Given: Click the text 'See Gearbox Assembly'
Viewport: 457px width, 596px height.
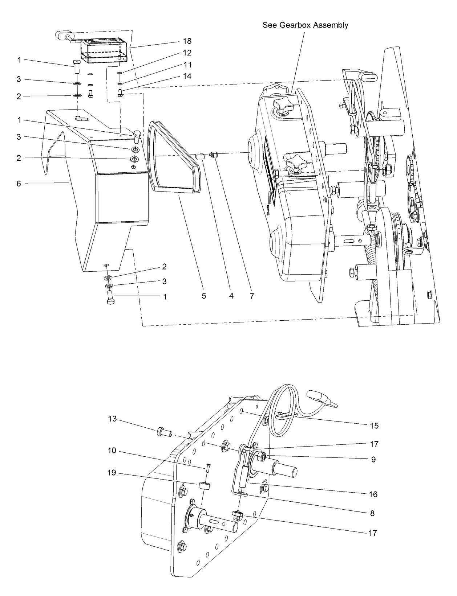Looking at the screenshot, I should tap(305, 25).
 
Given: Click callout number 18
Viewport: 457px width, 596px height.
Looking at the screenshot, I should tap(187, 41).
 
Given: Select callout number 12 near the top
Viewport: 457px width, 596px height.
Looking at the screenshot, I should tap(187, 53).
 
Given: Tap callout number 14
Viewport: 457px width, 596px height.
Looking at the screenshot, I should tap(187, 76).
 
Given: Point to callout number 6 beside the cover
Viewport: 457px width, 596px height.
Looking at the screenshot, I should tap(19, 184).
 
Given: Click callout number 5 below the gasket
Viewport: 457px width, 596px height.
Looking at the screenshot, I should tap(204, 296).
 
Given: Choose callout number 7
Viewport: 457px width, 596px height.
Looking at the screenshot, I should tap(251, 296).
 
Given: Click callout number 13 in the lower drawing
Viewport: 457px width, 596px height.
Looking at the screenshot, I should tap(112, 419).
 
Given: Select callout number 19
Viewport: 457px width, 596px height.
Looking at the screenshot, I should tap(112, 473).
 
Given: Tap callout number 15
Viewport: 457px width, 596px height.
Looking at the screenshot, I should tap(374, 426).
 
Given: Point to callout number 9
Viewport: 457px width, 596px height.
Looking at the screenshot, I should tap(373, 459).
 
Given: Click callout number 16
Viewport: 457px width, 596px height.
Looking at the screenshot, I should tap(373, 494).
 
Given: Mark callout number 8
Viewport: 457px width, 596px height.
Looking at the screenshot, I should tap(372, 513).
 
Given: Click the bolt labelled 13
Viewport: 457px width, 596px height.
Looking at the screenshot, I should tap(164, 432).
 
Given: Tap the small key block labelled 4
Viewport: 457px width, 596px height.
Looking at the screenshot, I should tap(198, 157).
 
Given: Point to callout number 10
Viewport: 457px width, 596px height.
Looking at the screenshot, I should tap(112, 451).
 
